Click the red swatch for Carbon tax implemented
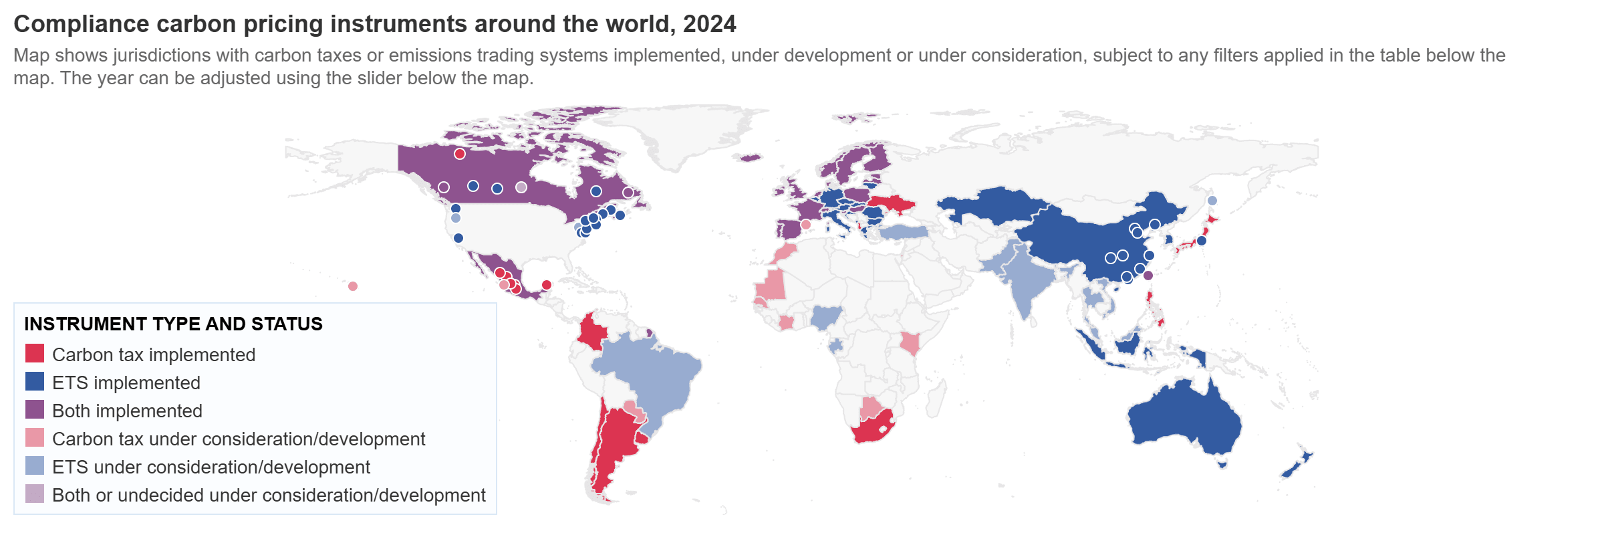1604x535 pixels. point(35,354)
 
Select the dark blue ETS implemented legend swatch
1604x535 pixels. point(35,382)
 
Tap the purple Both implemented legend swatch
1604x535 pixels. point(35,410)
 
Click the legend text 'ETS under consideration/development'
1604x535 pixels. point(211,467)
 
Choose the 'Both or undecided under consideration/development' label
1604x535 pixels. point(269,495)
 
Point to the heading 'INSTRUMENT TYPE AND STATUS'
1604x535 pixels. point(173,324)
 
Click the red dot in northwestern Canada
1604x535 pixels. point(460,154)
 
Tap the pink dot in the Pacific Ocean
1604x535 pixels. point(353,286)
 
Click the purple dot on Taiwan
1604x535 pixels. point(1148,276)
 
